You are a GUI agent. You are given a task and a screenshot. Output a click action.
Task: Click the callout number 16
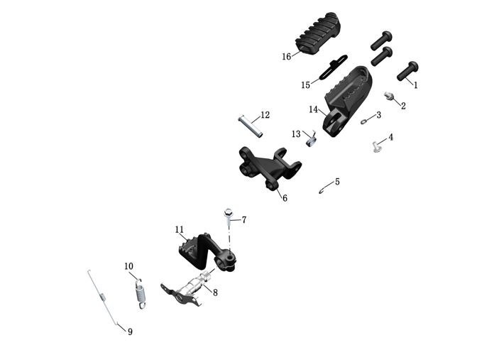pos(287,56)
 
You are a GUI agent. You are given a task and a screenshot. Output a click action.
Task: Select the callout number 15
pos(305,85)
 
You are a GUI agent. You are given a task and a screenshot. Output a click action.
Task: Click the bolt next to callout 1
pos(407,70)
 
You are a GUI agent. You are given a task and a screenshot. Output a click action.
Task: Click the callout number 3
pos(378,114)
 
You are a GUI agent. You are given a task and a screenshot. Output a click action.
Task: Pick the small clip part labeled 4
pos(376,147)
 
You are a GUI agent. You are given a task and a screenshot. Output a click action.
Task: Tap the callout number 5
pos(337,182)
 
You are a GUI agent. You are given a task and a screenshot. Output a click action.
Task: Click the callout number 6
pos(285,198)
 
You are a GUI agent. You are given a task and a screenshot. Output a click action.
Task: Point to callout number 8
pos(215,292)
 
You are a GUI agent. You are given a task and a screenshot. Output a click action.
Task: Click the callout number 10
pos(128,266)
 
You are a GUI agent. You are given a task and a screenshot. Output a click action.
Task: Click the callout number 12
pos(265,114)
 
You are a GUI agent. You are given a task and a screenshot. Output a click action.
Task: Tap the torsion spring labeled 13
pos(310,141)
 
